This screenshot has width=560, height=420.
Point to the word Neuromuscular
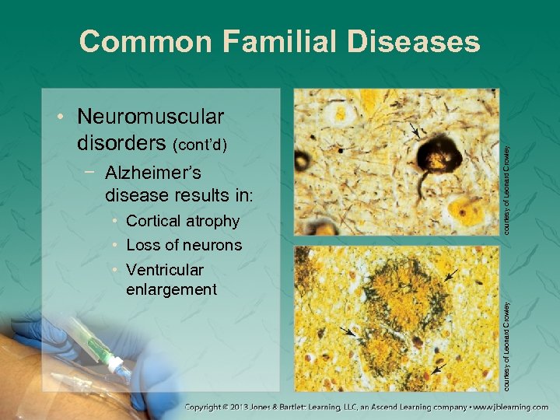[x=151, y=117]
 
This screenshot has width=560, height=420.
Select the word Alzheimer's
[x=152, y=173]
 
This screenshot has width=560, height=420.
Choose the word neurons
[x=213, y=246]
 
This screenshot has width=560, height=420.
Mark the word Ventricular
[x=165, y=270]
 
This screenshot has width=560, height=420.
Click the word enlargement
[x=170, y=289]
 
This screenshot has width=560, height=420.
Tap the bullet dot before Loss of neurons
[x=115, y=246]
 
